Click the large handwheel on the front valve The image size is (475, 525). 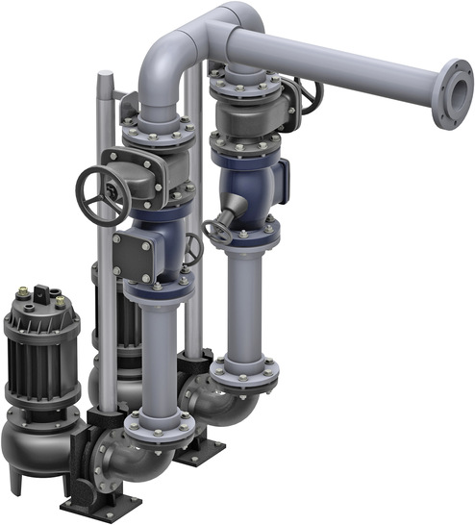(x=103, y=192)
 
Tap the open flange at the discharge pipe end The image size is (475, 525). (x=449, y=93)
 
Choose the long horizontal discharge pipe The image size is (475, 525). (x=337, y=62)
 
